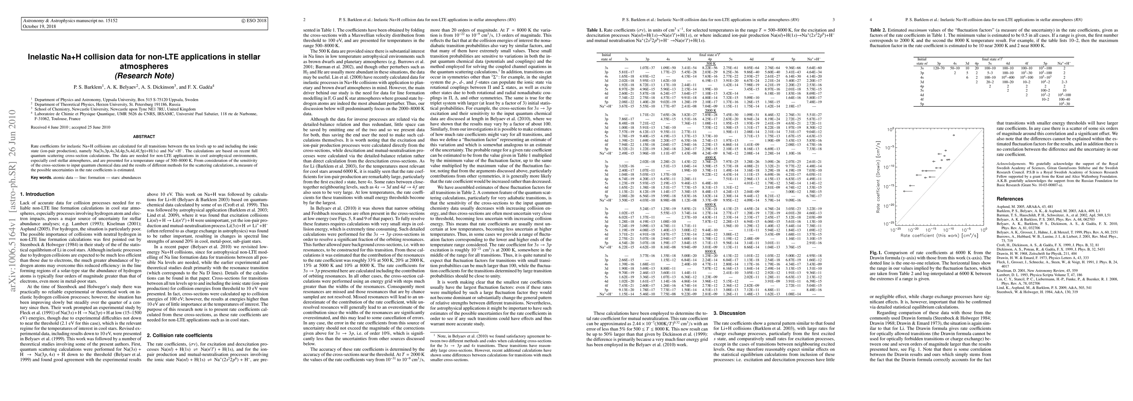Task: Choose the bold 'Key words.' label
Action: (x=41, y=177)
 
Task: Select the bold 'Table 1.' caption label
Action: (x=594, y=30)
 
